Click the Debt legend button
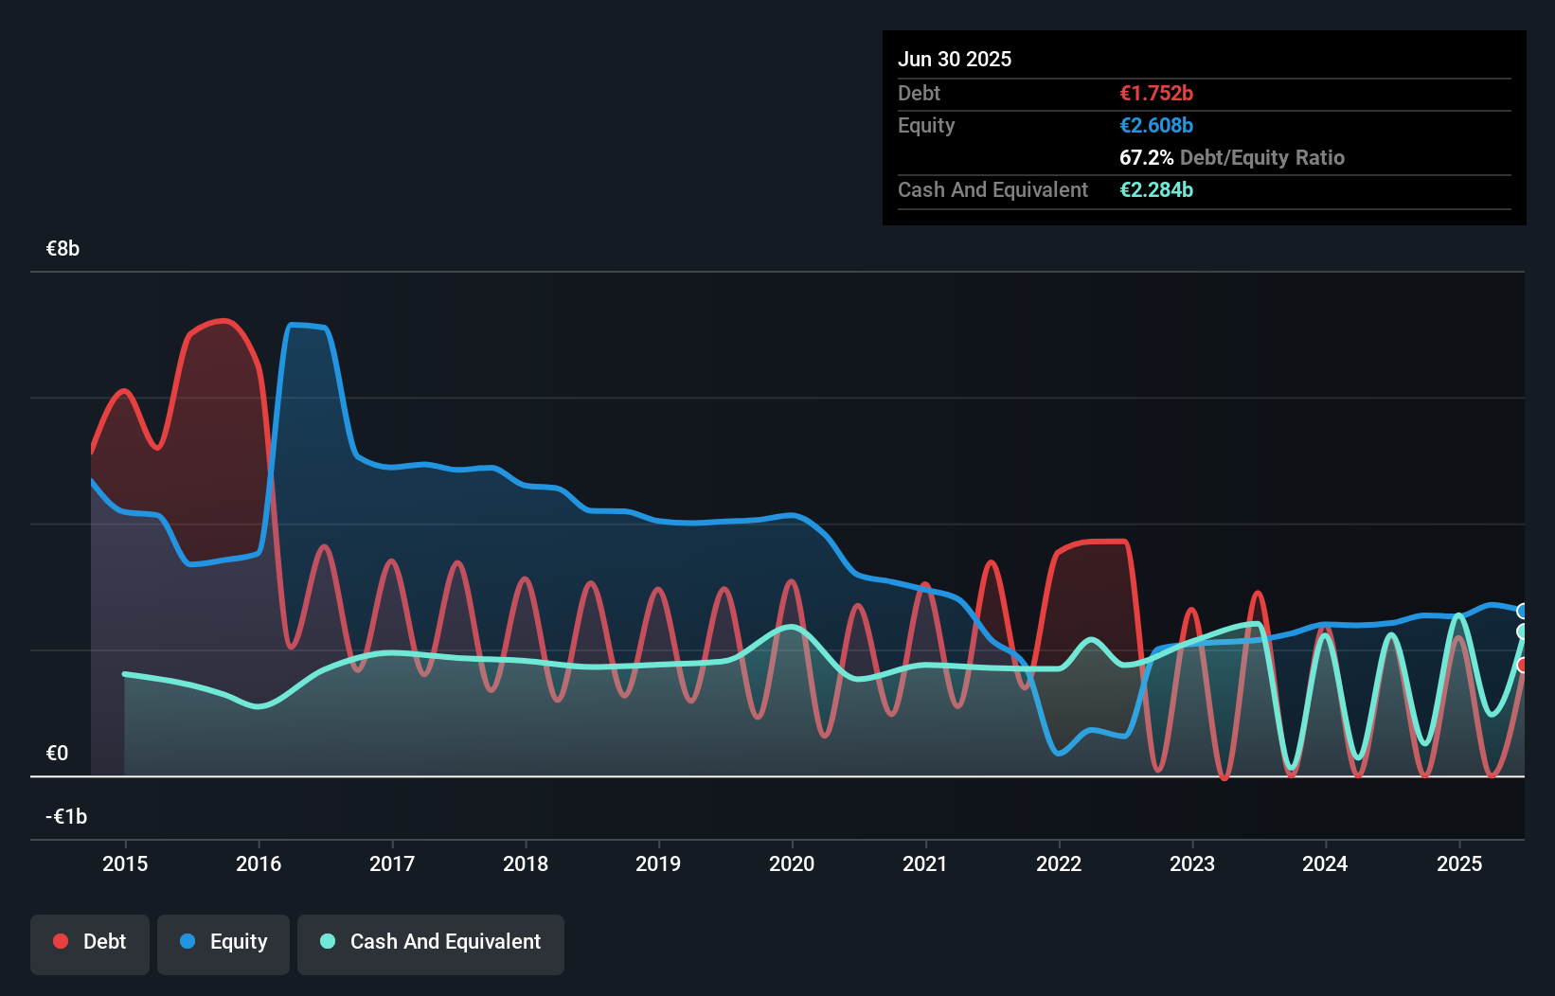[x=90, y=942]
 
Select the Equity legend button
[x=223, y=942]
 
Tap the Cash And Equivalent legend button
[x=431, y=942]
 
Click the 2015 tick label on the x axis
[x=125, y=863]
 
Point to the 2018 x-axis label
[x=526, y=863]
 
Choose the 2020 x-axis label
[x=792, y=863]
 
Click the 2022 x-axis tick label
[x=1059, y=863]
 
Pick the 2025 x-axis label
[x=1459, y=863]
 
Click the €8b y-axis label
[x=63, y=249]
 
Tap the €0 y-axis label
[x=58, y=754]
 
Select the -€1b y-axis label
[x=66, y=817]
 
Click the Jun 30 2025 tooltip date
[x=955, y=60]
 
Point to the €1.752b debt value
[x=1156, y=94]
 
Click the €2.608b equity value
[x=1156, y=126]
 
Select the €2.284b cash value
[x=1156, y=190]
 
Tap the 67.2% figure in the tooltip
[x=1146, y=158]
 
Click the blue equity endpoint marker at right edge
[x=1523, y=612]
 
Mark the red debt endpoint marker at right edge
[x=1523, y=666]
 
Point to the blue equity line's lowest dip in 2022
[x=1060, y=754]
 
